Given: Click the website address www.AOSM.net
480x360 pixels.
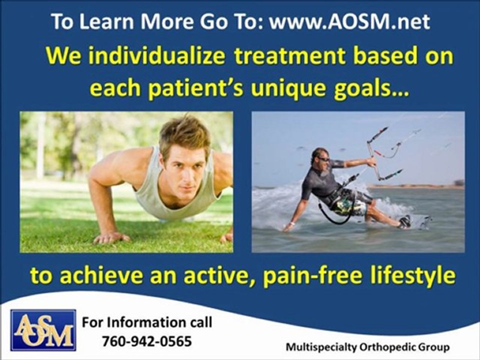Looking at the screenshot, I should [x=349, y=21].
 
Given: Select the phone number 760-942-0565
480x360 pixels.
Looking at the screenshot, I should [x=146, y=341].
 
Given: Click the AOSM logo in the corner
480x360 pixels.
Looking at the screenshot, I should [x=43, y=330].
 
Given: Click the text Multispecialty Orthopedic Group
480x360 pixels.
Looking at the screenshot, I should [x=367, y=346].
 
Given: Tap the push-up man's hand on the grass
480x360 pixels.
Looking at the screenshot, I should [x=110, y=237].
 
